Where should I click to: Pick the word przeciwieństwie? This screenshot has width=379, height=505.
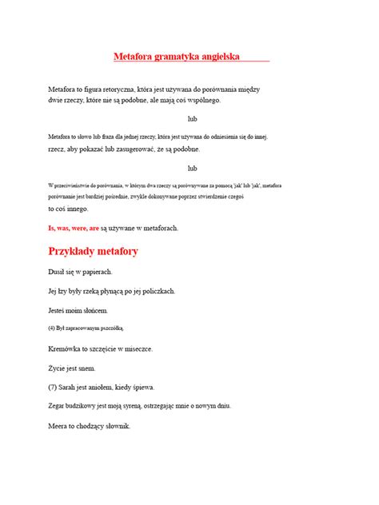coord(77,185)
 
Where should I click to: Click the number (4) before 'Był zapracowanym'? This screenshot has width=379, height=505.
coord(53,327)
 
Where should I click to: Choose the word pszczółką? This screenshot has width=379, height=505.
coord(110,327)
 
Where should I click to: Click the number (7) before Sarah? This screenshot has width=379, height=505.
coord(54,388)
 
